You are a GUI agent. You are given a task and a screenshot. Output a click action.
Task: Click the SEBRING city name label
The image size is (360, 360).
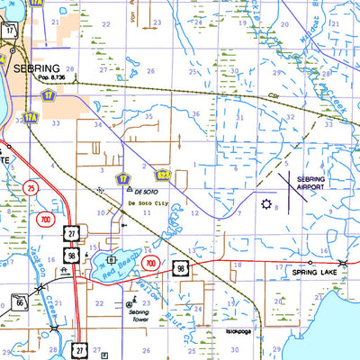(x=35, y=68)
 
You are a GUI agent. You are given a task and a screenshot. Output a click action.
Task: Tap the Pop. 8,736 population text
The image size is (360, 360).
(x=57, y=80)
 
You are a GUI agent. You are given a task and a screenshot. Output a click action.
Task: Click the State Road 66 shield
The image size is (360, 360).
(x=17, y=301)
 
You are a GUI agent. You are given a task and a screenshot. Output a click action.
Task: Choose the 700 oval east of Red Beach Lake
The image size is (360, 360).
(x=151, y=264)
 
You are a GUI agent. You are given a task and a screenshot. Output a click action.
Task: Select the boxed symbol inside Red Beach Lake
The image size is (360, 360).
(x=112, y=259)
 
